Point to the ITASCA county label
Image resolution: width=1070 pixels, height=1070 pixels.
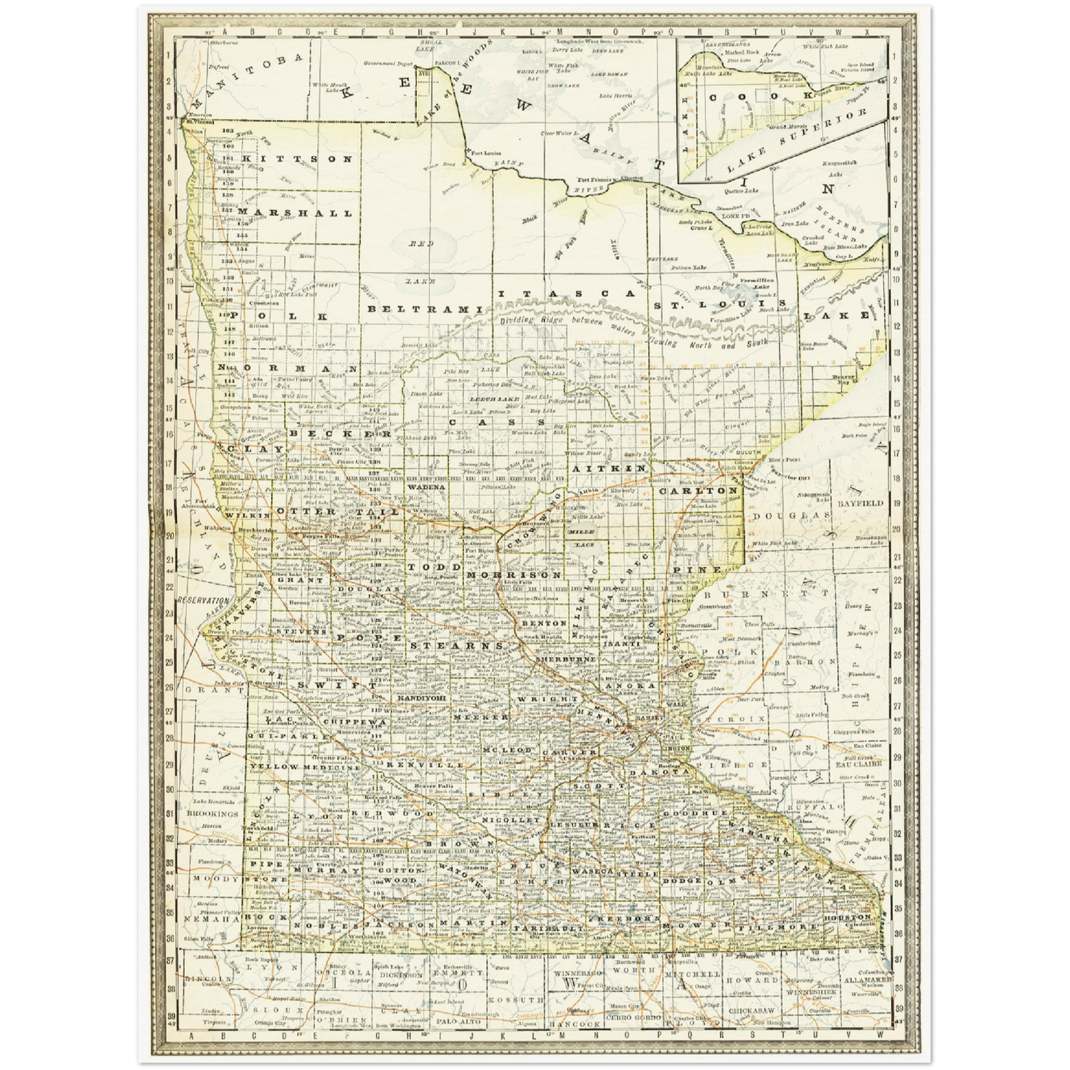(564, 295)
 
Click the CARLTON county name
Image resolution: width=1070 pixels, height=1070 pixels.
(699, 490)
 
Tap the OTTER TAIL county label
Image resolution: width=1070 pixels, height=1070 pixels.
(337, 512)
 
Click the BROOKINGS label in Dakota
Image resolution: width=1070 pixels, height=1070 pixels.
(213, 813)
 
